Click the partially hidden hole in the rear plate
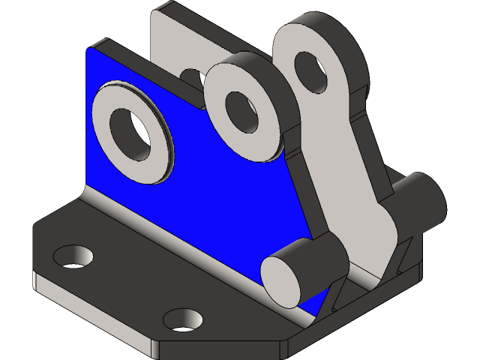click(x=192, y=78)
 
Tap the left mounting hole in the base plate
click(x=72, y=256)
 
